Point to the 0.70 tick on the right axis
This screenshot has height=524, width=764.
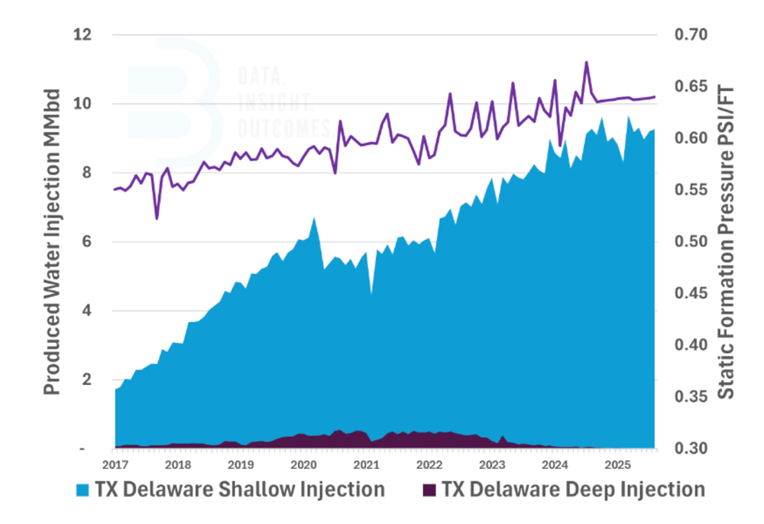pos(691,35)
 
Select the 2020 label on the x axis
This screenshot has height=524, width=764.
pos(303,464)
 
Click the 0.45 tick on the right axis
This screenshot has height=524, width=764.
pos(691,293)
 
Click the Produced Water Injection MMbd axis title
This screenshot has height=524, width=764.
pos(52,241)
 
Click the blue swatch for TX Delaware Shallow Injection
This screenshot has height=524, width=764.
pos(82,490)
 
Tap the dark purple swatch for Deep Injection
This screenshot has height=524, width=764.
pos(430,490)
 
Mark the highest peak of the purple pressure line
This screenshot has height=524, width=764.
pos(586,63)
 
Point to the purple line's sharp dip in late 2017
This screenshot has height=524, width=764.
pos(157,218)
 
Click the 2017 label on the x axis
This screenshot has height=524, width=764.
pos(115,464)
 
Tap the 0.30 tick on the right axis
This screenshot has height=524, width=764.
pos(691,448)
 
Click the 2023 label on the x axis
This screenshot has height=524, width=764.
pos(491,464)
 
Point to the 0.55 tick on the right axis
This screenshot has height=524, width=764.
pos(691,190)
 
